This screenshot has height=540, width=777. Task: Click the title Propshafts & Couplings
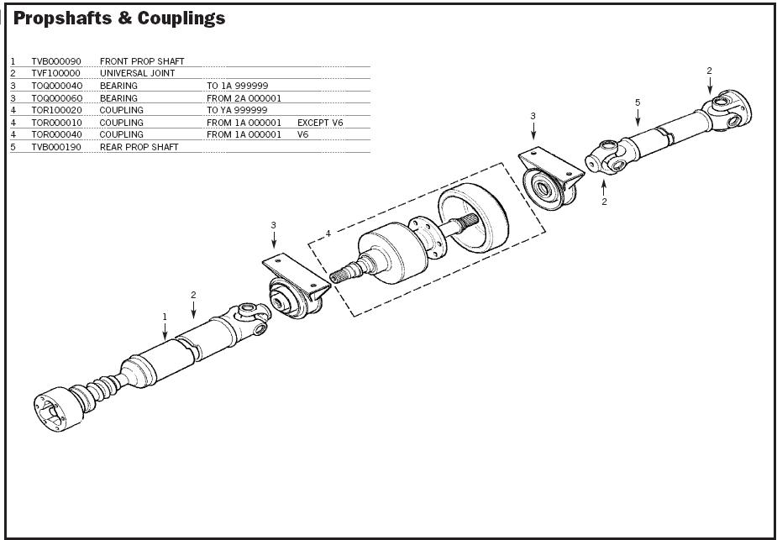click(119, 18)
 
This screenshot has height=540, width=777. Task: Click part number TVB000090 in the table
click(56, 61)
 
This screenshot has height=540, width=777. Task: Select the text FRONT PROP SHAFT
click(142, 61)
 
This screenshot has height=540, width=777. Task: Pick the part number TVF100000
click(56, 73)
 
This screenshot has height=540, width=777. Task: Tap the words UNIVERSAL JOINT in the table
click(138, 73)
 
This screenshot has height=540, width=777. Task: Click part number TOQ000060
click(57, 98)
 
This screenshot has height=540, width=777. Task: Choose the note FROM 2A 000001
click(244, 98)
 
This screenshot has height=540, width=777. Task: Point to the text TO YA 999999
click(237, 110)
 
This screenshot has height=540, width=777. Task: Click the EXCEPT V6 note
click(320, 123)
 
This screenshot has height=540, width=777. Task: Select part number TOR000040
click(57, 134)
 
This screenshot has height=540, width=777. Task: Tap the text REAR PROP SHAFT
click(139, 147)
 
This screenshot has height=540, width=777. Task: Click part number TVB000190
click(56, 147)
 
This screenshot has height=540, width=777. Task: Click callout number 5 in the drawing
click(638, 102)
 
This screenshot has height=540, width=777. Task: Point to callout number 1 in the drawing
click(165, 317)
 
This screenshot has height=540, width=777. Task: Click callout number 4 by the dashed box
click(328, 233)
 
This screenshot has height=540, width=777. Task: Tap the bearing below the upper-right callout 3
click(549, 183)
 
